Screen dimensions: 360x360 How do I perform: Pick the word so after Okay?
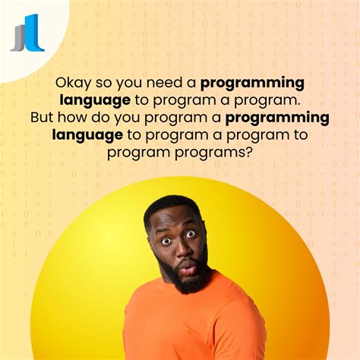pos(99,83)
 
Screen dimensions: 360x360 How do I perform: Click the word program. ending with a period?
pos(273,100)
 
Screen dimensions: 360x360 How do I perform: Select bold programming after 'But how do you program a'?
pos(277,118)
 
